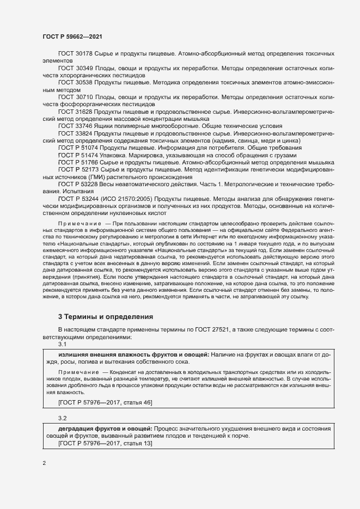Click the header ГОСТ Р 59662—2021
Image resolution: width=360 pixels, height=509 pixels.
click(72, 37)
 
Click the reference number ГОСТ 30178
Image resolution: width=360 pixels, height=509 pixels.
click(76, 56)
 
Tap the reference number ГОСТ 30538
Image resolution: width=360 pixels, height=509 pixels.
click(76, 82)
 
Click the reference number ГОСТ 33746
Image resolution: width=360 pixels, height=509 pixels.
click(76, 126)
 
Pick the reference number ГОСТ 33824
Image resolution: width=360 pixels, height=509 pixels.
click(76, 133)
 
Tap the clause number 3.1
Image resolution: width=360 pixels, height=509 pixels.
click(62, 344)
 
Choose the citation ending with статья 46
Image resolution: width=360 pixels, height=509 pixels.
click(105, 402)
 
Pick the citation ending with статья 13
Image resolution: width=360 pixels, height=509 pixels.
click(105, 444)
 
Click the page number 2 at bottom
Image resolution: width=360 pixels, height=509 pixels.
click(44, 463)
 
